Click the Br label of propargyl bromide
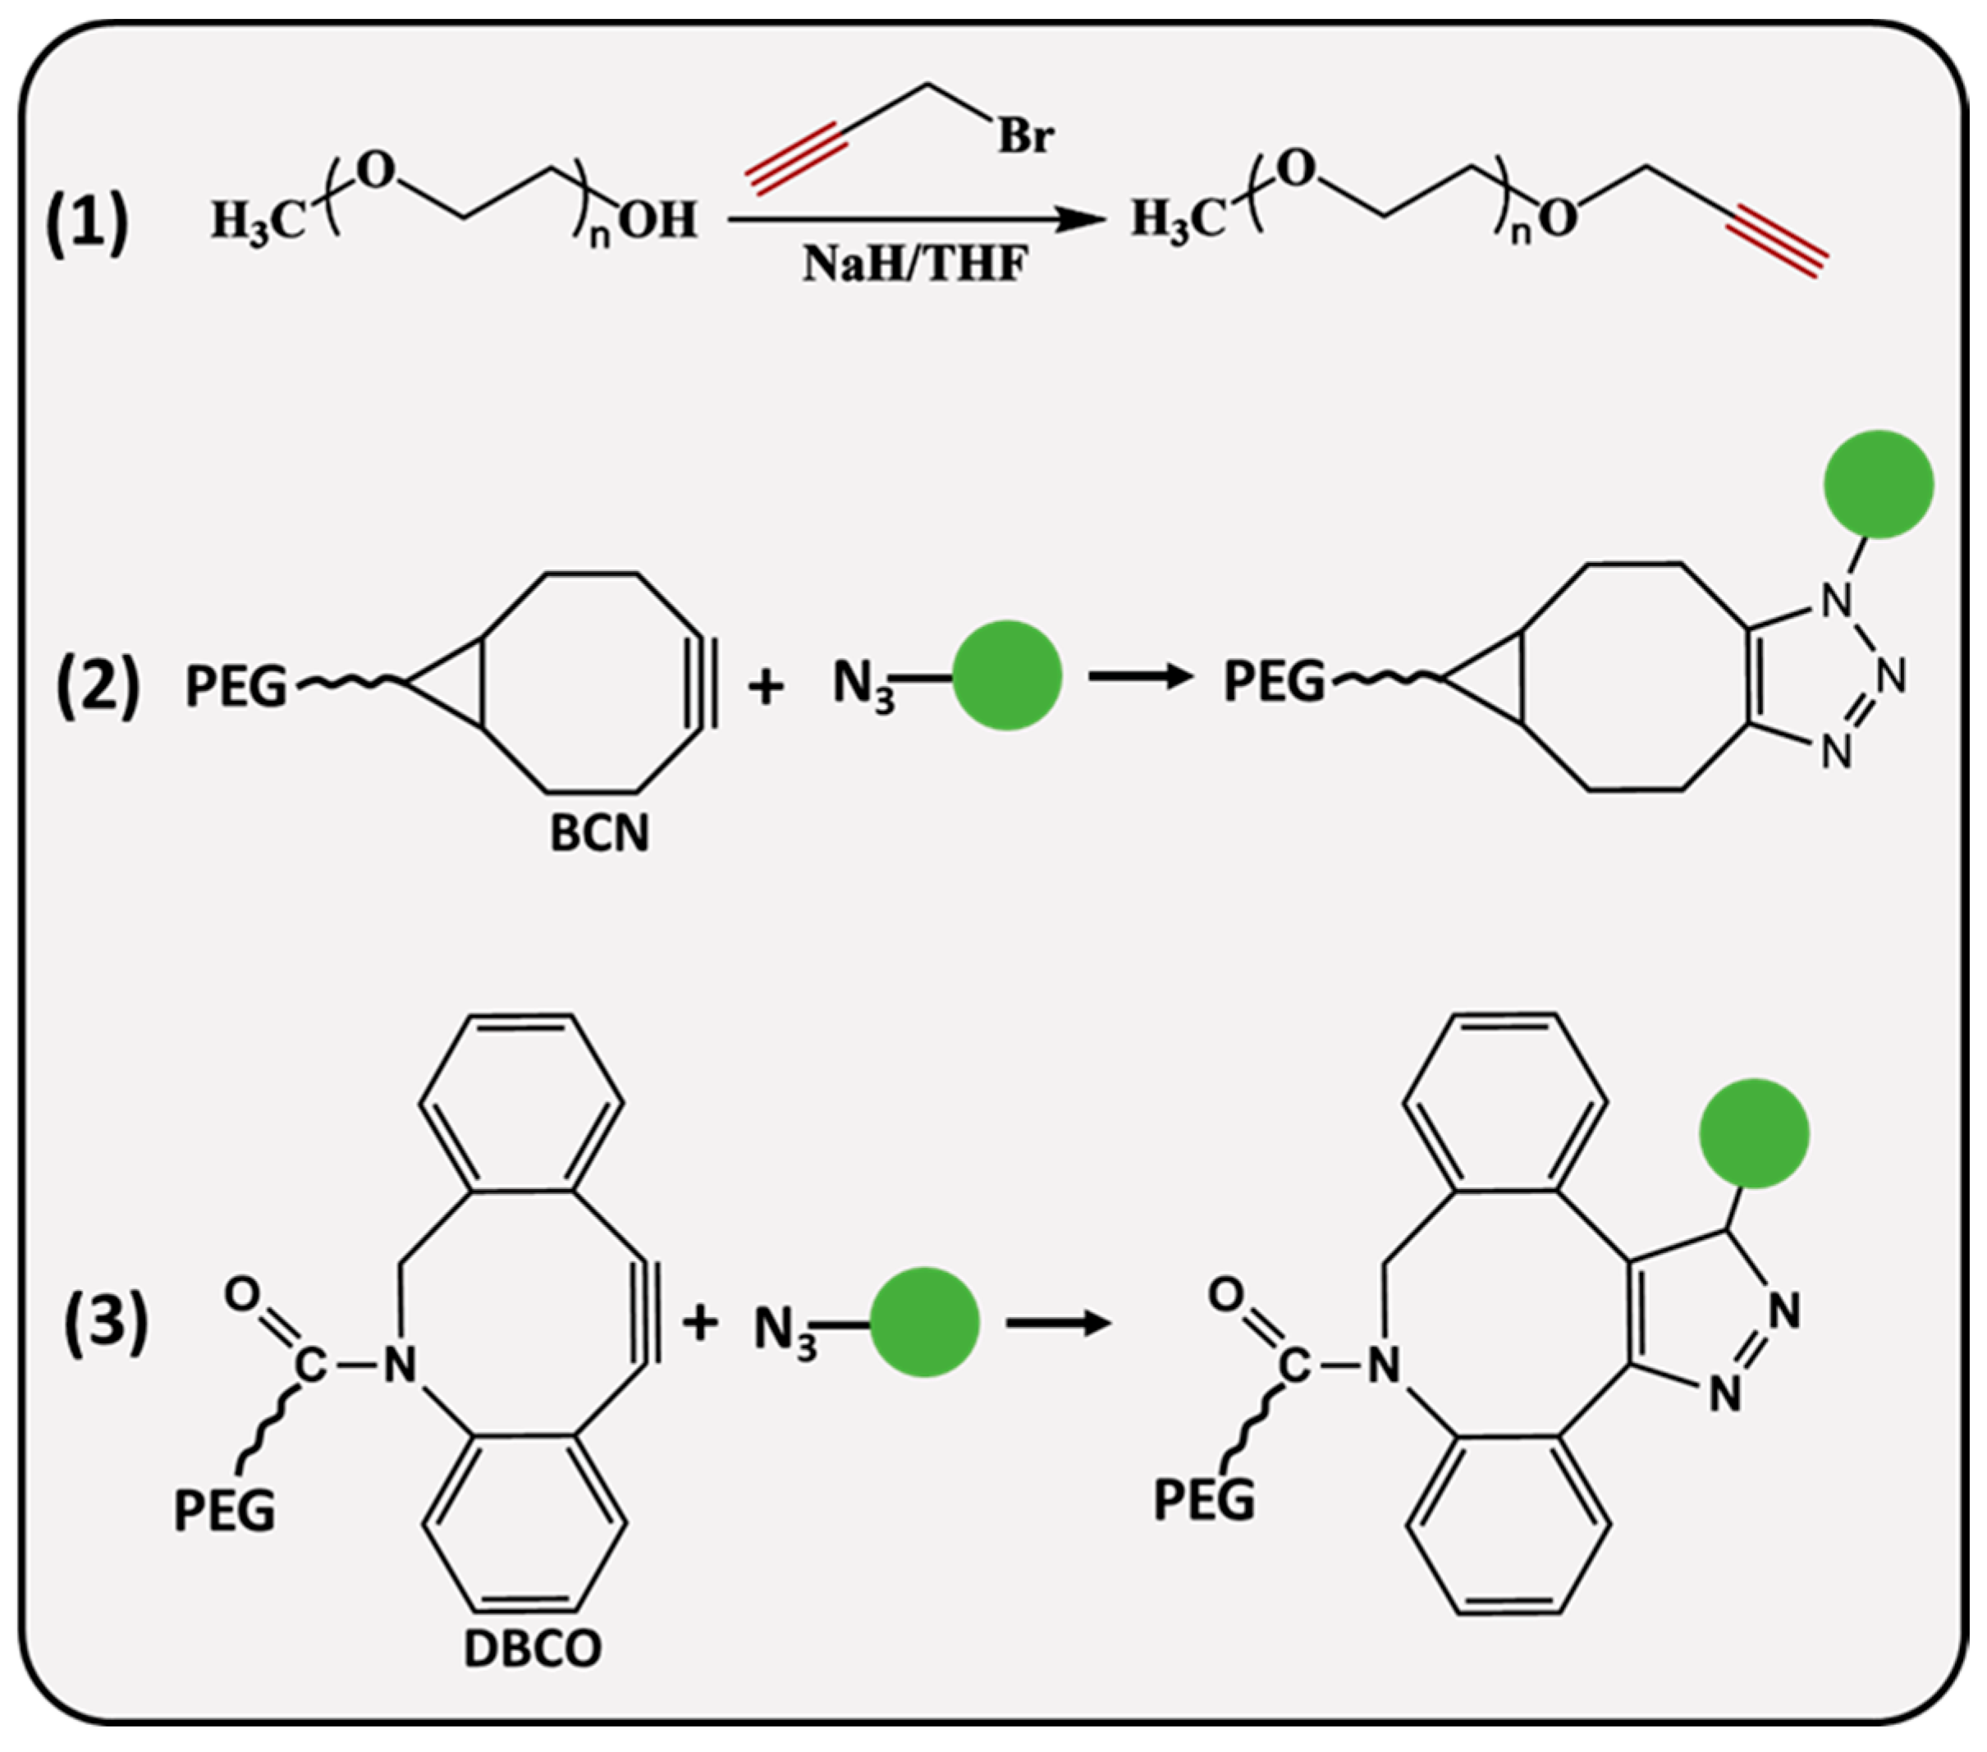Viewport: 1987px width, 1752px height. tap(1024, 137)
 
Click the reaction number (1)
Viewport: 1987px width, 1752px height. tap(89, 222)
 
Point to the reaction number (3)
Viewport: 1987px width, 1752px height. tap(106, 1324)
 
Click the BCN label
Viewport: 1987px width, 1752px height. tap(599, 834)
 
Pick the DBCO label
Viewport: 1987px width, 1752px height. tap(532, 1648)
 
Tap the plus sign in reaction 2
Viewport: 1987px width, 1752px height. tap(766, 687)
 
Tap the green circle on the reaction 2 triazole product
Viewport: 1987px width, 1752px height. tap(1878, 484)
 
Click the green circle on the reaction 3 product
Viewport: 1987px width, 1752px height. tap(1754, 1133)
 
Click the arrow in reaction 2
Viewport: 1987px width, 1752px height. tap(1139, 676)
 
